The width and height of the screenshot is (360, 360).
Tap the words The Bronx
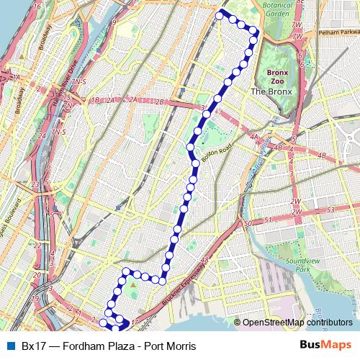coord(269,91)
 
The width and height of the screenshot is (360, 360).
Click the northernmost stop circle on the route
coord(220,14)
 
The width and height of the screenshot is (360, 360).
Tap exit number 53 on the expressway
coord(331,210)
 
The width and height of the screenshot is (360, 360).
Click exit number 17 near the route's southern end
coord(135,312)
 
